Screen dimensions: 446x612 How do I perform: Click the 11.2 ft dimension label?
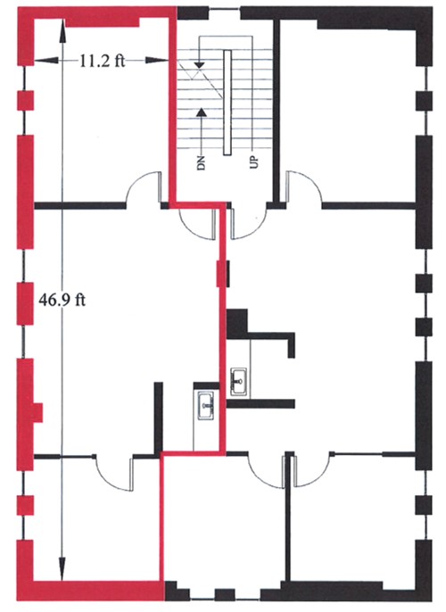pyautogui.click(x=103, y=61)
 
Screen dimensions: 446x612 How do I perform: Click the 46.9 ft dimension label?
pyautogui.click(x=62, y=300)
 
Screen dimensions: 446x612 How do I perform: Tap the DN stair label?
pyautogui.click(x=201, y=163)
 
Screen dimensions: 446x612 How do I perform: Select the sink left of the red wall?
pyautogui.click(x=206, y=406)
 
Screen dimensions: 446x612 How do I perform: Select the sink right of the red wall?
pyautogui.click(x=238, y=382)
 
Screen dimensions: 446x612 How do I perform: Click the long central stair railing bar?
pyautogui.click(x=227, y=103)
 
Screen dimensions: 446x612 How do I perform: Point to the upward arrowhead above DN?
pyautogui.click(x=201, y=112)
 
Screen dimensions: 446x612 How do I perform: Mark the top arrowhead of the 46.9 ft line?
pyautogui.click(x=62, y=30)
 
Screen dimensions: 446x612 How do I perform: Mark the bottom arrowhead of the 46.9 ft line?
pyautogui.click(x=62, y=569)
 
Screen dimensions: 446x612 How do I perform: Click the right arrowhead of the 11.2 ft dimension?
pyautogui.click(x=157, y=61)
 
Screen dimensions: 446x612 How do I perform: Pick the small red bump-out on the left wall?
pyautogui.click(x=37, y=412)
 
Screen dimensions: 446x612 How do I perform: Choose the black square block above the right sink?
pyautogui.click(x=237, y=323)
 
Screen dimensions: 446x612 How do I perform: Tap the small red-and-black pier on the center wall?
pyautogui.click(x=223, y=275)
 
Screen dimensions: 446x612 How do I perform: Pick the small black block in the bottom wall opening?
pyautogui.click(x=225, y=595)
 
